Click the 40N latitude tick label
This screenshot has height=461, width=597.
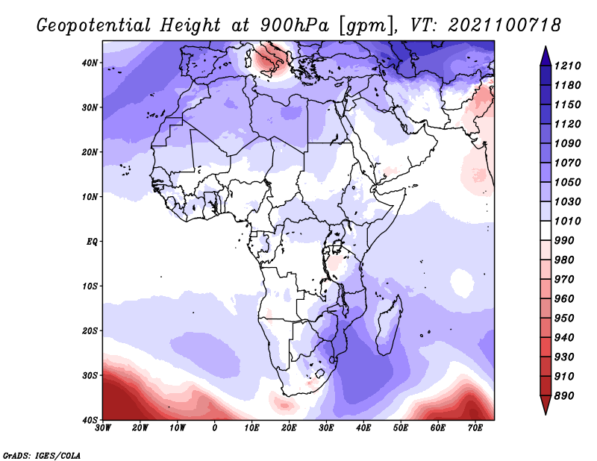click(90, 63)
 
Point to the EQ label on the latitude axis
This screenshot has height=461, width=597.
click(92, 242)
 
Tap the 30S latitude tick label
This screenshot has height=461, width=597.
click(90, 375)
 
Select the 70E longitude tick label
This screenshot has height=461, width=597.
click(475, 428)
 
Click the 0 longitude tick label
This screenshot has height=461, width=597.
click(214, 428)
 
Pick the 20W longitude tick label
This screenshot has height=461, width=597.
click(140, 428)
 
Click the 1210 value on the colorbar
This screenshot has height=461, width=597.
click(568, 66)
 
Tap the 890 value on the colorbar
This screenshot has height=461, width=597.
click(564, 396)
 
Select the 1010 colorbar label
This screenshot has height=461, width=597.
click(568, 221)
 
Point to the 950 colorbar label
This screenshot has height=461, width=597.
click(564, 319)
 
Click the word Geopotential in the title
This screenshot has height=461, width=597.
click(94, 25)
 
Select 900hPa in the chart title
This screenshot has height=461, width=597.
click(295, 25)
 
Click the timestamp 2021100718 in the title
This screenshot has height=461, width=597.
click(504, 25)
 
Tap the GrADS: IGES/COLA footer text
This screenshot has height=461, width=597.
click(42, 456)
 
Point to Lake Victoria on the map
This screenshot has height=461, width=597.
click(337, 246)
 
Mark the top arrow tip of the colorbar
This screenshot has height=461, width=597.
click(546, 46)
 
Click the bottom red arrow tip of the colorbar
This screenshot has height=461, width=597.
click(546, 414)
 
